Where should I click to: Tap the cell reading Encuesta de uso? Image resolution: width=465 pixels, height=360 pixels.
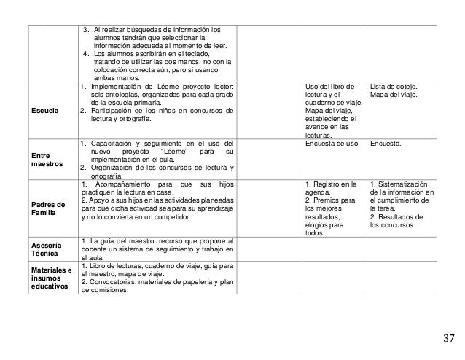[330, 144]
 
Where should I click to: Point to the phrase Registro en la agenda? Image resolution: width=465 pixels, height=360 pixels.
[330, 188]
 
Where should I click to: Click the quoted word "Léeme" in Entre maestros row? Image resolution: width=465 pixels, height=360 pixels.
[178, 152]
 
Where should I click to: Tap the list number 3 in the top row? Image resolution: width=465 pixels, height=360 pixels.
[86, 30]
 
